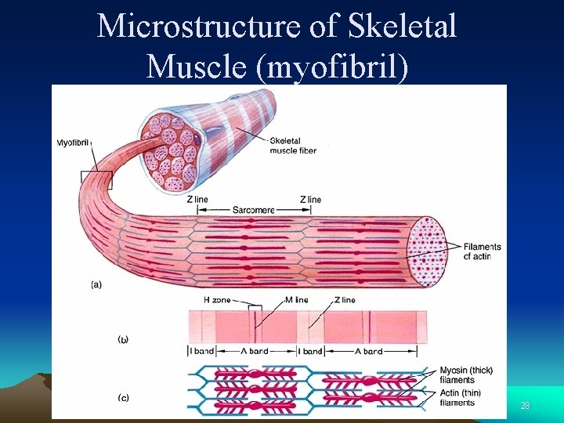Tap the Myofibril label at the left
point(74,143)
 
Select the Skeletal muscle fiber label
point(293,146)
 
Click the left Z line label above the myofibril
point(197,200)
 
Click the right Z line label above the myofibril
point(310,200)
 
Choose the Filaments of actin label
point(482,251)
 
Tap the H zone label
point(217,300)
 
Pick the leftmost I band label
point(201,352)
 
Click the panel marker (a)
point(96,284)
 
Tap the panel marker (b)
point(123,339)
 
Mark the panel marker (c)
point(123,397)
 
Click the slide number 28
point(525,405)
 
